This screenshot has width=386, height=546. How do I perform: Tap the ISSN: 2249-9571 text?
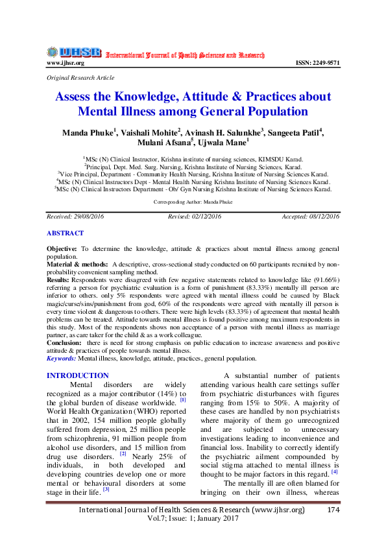click(317, 63)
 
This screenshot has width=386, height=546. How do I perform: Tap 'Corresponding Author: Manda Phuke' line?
click(193, 203)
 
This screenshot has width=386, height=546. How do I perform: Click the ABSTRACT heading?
click(65, 233)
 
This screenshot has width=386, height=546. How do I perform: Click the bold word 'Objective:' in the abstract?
click(62, 249)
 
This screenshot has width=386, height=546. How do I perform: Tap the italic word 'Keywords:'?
click(62, 358)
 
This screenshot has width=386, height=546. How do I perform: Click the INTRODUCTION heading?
click(78, 375)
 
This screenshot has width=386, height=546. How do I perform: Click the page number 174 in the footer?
click(333, 528)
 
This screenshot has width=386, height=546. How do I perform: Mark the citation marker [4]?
click(335, 471)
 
